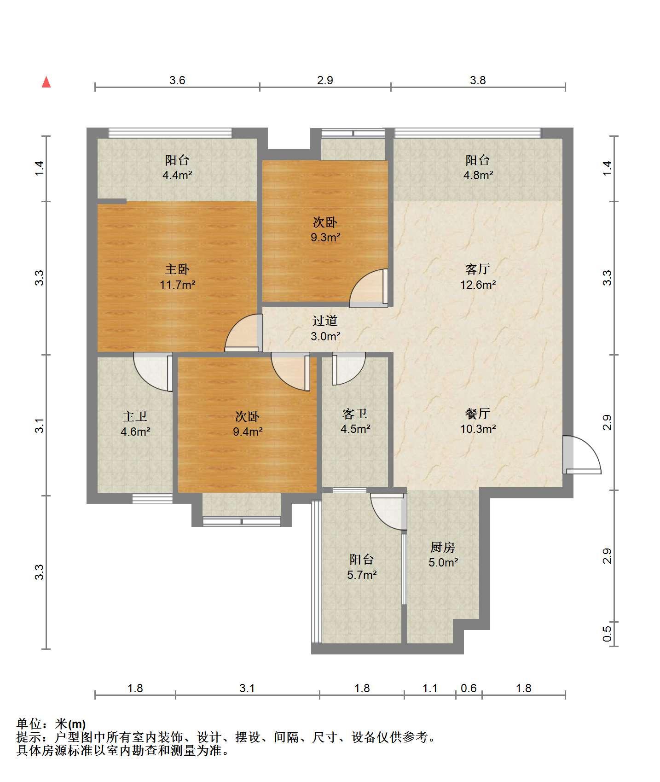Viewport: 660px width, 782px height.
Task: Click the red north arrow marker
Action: click(x=46, y=82)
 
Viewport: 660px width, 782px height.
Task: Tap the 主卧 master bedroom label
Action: click(x=177, y=269)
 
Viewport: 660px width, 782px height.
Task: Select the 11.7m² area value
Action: click(x=178, y=285)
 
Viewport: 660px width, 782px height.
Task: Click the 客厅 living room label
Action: click(x=478, y=269)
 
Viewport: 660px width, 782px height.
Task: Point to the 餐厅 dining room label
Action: click(x=478, y=414)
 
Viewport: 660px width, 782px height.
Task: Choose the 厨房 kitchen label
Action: click(x=443, y=547)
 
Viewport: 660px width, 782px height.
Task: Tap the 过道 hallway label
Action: click(x=325, y=321)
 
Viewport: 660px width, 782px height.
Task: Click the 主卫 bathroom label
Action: click(x=135, y=416)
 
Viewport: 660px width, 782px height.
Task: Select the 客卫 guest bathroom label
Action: click(x=355, y=414)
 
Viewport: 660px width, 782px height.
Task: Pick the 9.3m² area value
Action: click(x=325, y=238)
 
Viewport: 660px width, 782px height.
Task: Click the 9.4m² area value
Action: click(x=248, y=432)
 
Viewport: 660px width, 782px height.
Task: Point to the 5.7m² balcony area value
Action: click(x=362, y=575)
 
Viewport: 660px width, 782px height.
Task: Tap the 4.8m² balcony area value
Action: click(x=478, y=175)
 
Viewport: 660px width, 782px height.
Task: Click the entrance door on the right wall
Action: click(x=581, y=455)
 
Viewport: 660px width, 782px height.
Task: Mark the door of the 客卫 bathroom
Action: click(x=348, y=368)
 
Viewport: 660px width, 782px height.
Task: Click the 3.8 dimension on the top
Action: click(x=478, y=80)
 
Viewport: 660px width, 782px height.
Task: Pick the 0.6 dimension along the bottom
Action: click(x=469, y=688)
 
